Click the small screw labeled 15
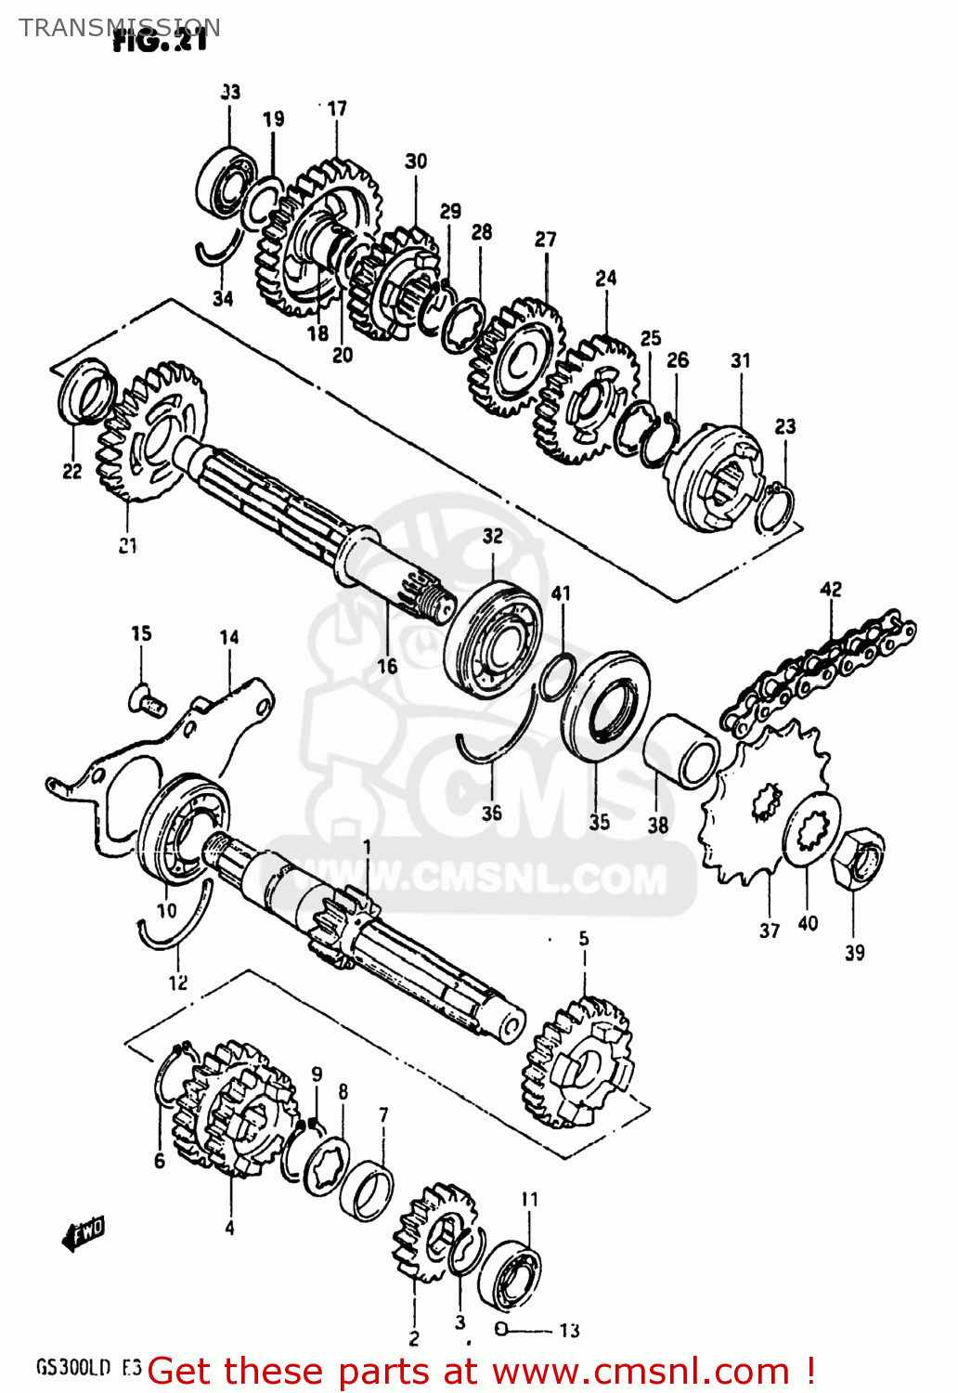[146, 697]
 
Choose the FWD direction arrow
[83, 1234]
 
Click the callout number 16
[387, 666]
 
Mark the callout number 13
[569, 1330]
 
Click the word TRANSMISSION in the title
[120, 27]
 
